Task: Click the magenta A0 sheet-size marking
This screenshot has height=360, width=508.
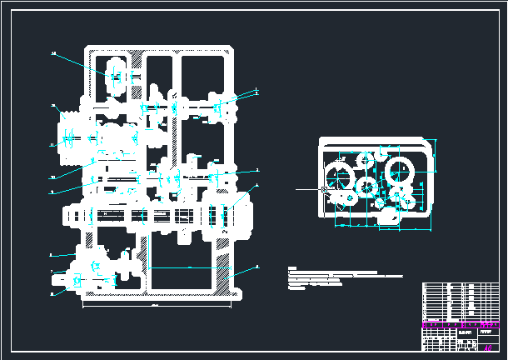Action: click(488, 347)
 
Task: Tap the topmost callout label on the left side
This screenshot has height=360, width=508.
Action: click(53, 53)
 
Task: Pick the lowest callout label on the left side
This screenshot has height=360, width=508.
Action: click(52, 293)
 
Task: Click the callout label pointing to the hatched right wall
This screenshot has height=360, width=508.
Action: click(256, 267)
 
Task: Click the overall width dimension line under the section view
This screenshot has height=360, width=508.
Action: click(158, 305)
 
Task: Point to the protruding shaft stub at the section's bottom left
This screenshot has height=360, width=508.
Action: click(67, 282)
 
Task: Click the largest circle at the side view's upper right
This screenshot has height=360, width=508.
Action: click(401, 172)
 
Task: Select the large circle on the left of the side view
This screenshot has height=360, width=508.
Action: click(339, 177)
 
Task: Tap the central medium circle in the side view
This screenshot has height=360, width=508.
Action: click(366, 186)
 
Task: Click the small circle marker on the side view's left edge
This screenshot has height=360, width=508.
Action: click(323, 190)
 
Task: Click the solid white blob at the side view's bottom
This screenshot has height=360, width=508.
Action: click(388, 217)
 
